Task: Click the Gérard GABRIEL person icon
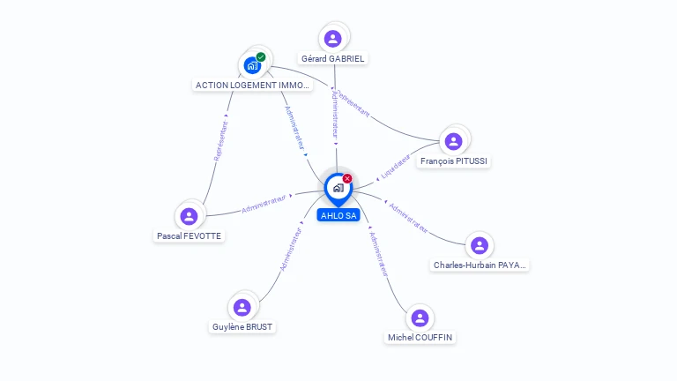[x=332, y=38]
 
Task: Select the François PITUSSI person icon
[x=454, y=141]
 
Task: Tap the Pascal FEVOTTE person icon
[x=189, y=216]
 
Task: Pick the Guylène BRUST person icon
[x=242, y=307]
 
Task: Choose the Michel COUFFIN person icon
[x=420, y=317]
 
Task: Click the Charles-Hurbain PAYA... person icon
[x=479, y=245]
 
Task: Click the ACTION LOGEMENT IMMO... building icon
[x=252, y=65]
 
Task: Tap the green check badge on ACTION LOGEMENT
[x=261, y=56]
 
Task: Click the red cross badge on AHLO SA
[x=347, y=178]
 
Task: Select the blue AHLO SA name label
[x=338, y=215]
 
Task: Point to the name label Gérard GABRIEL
[x=332, y=59]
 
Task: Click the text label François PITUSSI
[x=454, y=161]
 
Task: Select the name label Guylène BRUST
[x=242, y=327]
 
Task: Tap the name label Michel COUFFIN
[x=421, y=338]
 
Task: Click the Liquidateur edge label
[x=396, y=165]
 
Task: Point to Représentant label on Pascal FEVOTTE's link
[x=220, y=140]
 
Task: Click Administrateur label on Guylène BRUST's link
[x=291, y=249]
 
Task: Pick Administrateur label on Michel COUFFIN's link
[x=378, y=255]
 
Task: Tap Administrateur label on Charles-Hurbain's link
[x=408, y=219]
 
